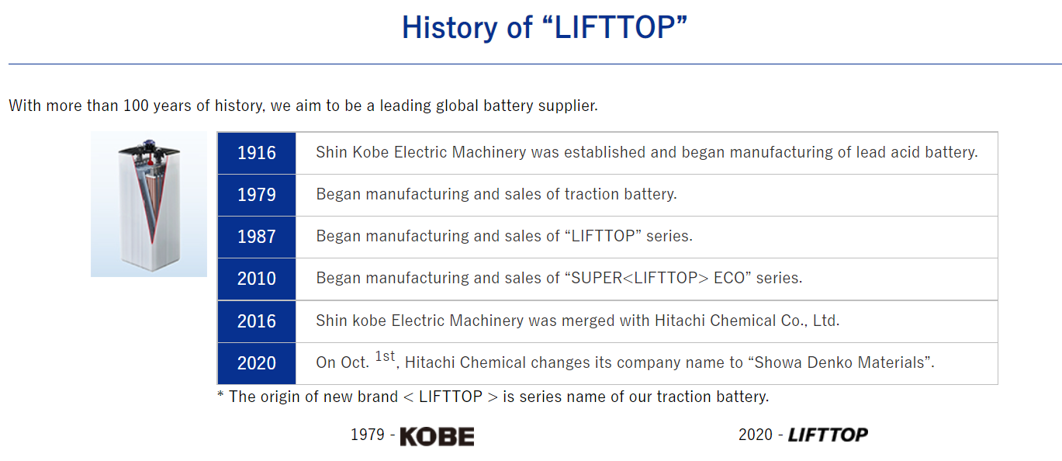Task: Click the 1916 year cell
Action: pos(257,153)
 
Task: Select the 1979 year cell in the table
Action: pos(257,195)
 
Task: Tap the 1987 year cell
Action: pos(257,237)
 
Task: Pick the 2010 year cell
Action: pos(257,279)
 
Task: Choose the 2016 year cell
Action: pos(257,321)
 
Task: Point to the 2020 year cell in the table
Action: pos(257,363)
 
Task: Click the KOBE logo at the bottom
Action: pos(437,436)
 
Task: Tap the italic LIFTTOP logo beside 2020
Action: pos(828,435)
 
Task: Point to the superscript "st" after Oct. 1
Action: pos(386,356)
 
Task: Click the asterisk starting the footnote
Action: pos(220,395)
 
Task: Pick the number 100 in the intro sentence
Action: pos(137,106)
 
